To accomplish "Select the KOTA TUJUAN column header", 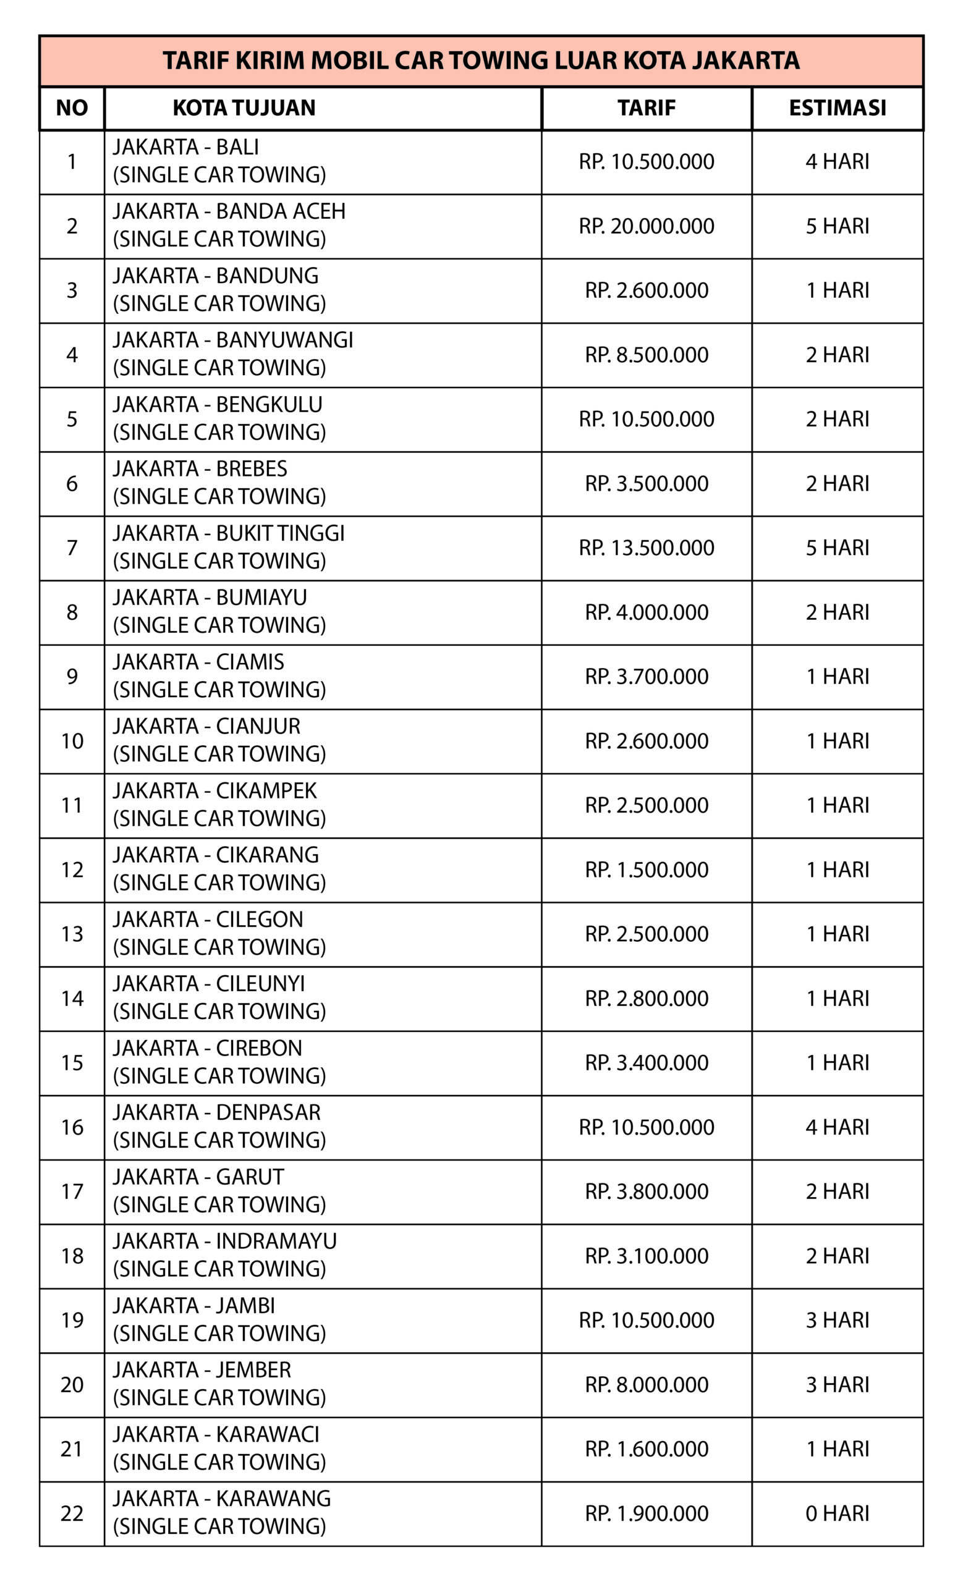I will coord(244,108).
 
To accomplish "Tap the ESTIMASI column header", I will coord(837,108).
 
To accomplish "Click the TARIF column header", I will coord(647,108).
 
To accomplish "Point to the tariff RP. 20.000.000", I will coord(647,226).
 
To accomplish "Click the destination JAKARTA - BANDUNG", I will coord(216,276).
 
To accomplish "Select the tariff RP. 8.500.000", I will coord(647,355).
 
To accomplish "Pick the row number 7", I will coord(72,548).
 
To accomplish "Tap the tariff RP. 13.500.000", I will coord(647,548).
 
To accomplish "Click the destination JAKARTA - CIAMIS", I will coord(198,661).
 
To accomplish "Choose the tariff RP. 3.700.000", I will coord(647,676).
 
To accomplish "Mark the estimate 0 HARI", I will coord(837,1513).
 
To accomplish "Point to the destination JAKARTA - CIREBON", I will coord(207,1048).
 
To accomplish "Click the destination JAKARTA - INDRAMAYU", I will coord(225,1241).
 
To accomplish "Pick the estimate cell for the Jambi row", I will coord(837,1320).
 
